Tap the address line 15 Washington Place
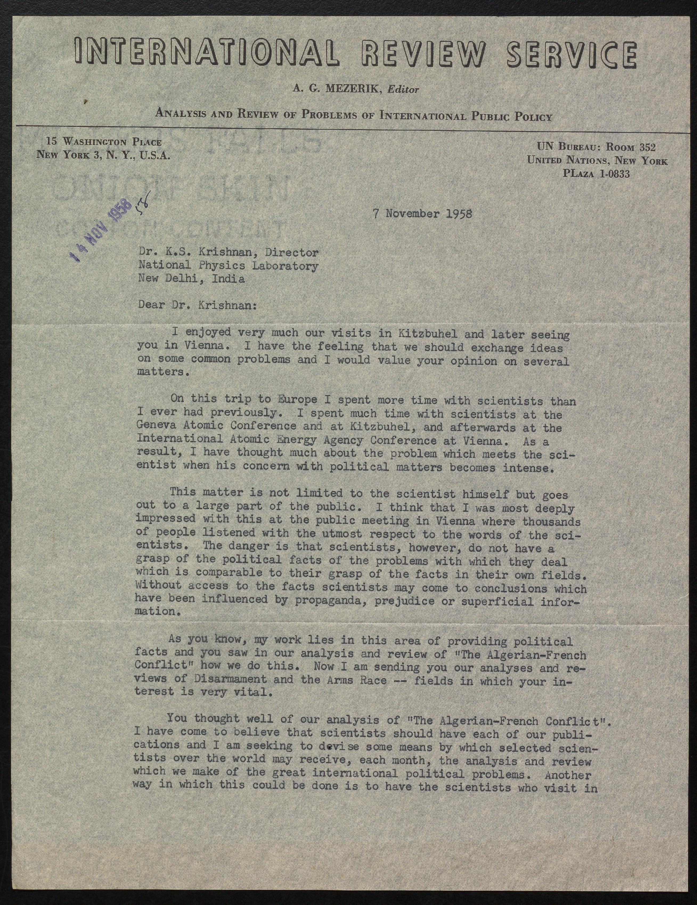104,142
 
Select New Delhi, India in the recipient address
191,279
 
